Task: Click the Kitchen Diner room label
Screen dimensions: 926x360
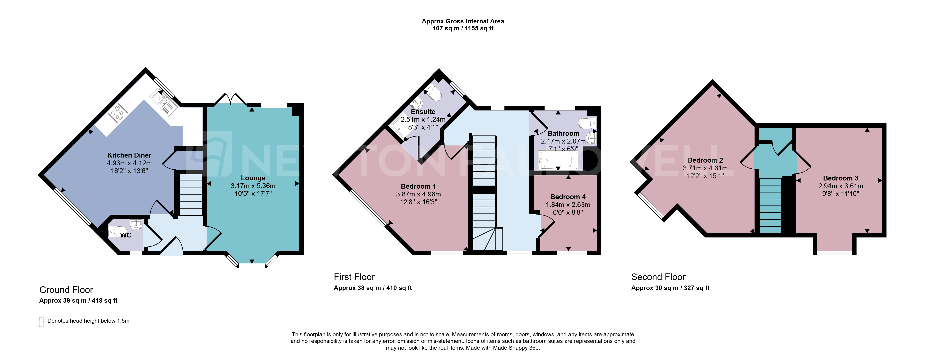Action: tap(129, 155)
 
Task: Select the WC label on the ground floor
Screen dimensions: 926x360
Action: tap(126, 235)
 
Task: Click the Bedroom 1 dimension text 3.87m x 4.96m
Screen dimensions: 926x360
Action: tap(418, 194)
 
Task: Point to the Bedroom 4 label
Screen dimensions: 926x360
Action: tap(568, 197)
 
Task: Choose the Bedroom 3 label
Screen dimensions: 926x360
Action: tap(841, 178)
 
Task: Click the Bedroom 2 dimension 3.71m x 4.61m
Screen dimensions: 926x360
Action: tap(705, 168)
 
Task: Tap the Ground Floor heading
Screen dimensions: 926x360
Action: tap(66, 290)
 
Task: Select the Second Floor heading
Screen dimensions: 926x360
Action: tap(658, 277)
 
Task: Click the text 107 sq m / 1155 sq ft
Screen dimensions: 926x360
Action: tap(463, 28)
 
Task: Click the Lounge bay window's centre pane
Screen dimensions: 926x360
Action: tap(252, 266)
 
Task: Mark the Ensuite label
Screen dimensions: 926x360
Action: tap(423, 112)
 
